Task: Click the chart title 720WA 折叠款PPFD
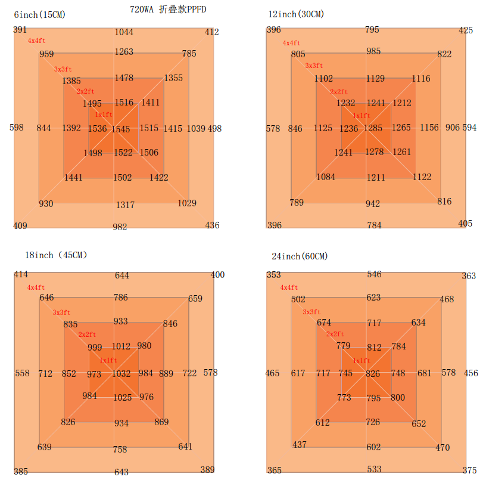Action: pos(168,10)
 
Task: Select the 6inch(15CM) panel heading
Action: pos(39,14)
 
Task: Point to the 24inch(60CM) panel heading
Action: pos(300,256)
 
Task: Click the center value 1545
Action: pos(120,129)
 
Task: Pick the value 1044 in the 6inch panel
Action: pos(124,32)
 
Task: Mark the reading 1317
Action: pos(125,205)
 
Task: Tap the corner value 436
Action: pos(212,225)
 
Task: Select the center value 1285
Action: pos(373,128)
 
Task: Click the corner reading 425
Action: pos(466,30)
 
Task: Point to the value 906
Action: pos(453,128)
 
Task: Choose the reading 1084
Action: pos(326,177)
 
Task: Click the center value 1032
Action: pos(121,374)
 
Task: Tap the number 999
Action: pos(95,348)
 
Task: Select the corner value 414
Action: pos(21,274)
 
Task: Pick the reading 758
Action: pos(120,450)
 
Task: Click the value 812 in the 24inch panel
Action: pos(374,348)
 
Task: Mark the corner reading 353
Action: pos(273,275)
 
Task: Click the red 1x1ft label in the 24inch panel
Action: pos(362,361)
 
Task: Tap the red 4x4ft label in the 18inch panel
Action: pos(36,287)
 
